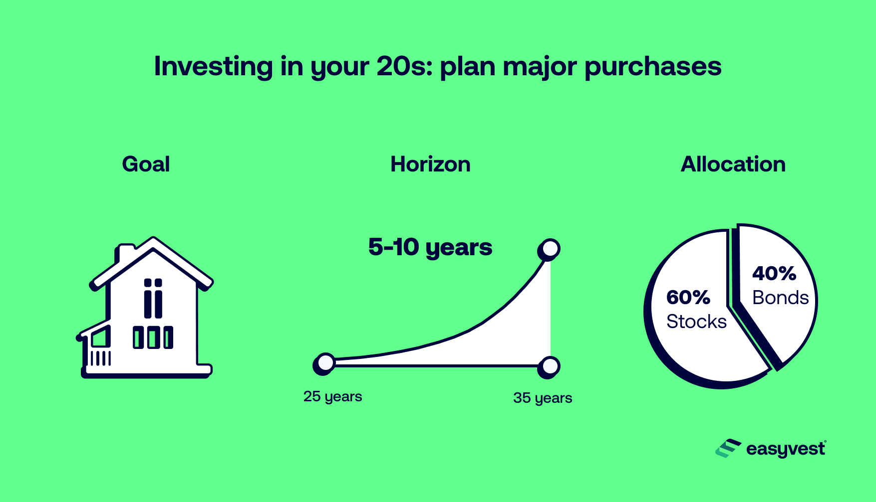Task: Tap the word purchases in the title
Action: (x=652, y=66)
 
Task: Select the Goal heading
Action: (x=146, y=165)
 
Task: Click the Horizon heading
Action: (x=430, y=165)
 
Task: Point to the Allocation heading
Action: (x=733, y=165)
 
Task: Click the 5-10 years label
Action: (x=430, y=247)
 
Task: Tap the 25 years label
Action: (x=332, y=397)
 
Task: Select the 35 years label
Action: (x=543, y=398)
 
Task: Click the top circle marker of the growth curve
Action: (x=550, y=248)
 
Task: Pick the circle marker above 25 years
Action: (x=325, y=363)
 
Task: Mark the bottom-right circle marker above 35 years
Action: (x=550, y=367)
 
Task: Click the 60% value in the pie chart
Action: (x=688, y=298)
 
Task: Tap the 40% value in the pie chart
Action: (x=774, y=274)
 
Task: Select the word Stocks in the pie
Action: (x=696, y=322)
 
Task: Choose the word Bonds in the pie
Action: (x=780, y=298)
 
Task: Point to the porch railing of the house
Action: (x=100, y=358)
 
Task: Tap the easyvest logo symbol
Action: (x=728, y=449)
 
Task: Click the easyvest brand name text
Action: (x=785, y=449)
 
